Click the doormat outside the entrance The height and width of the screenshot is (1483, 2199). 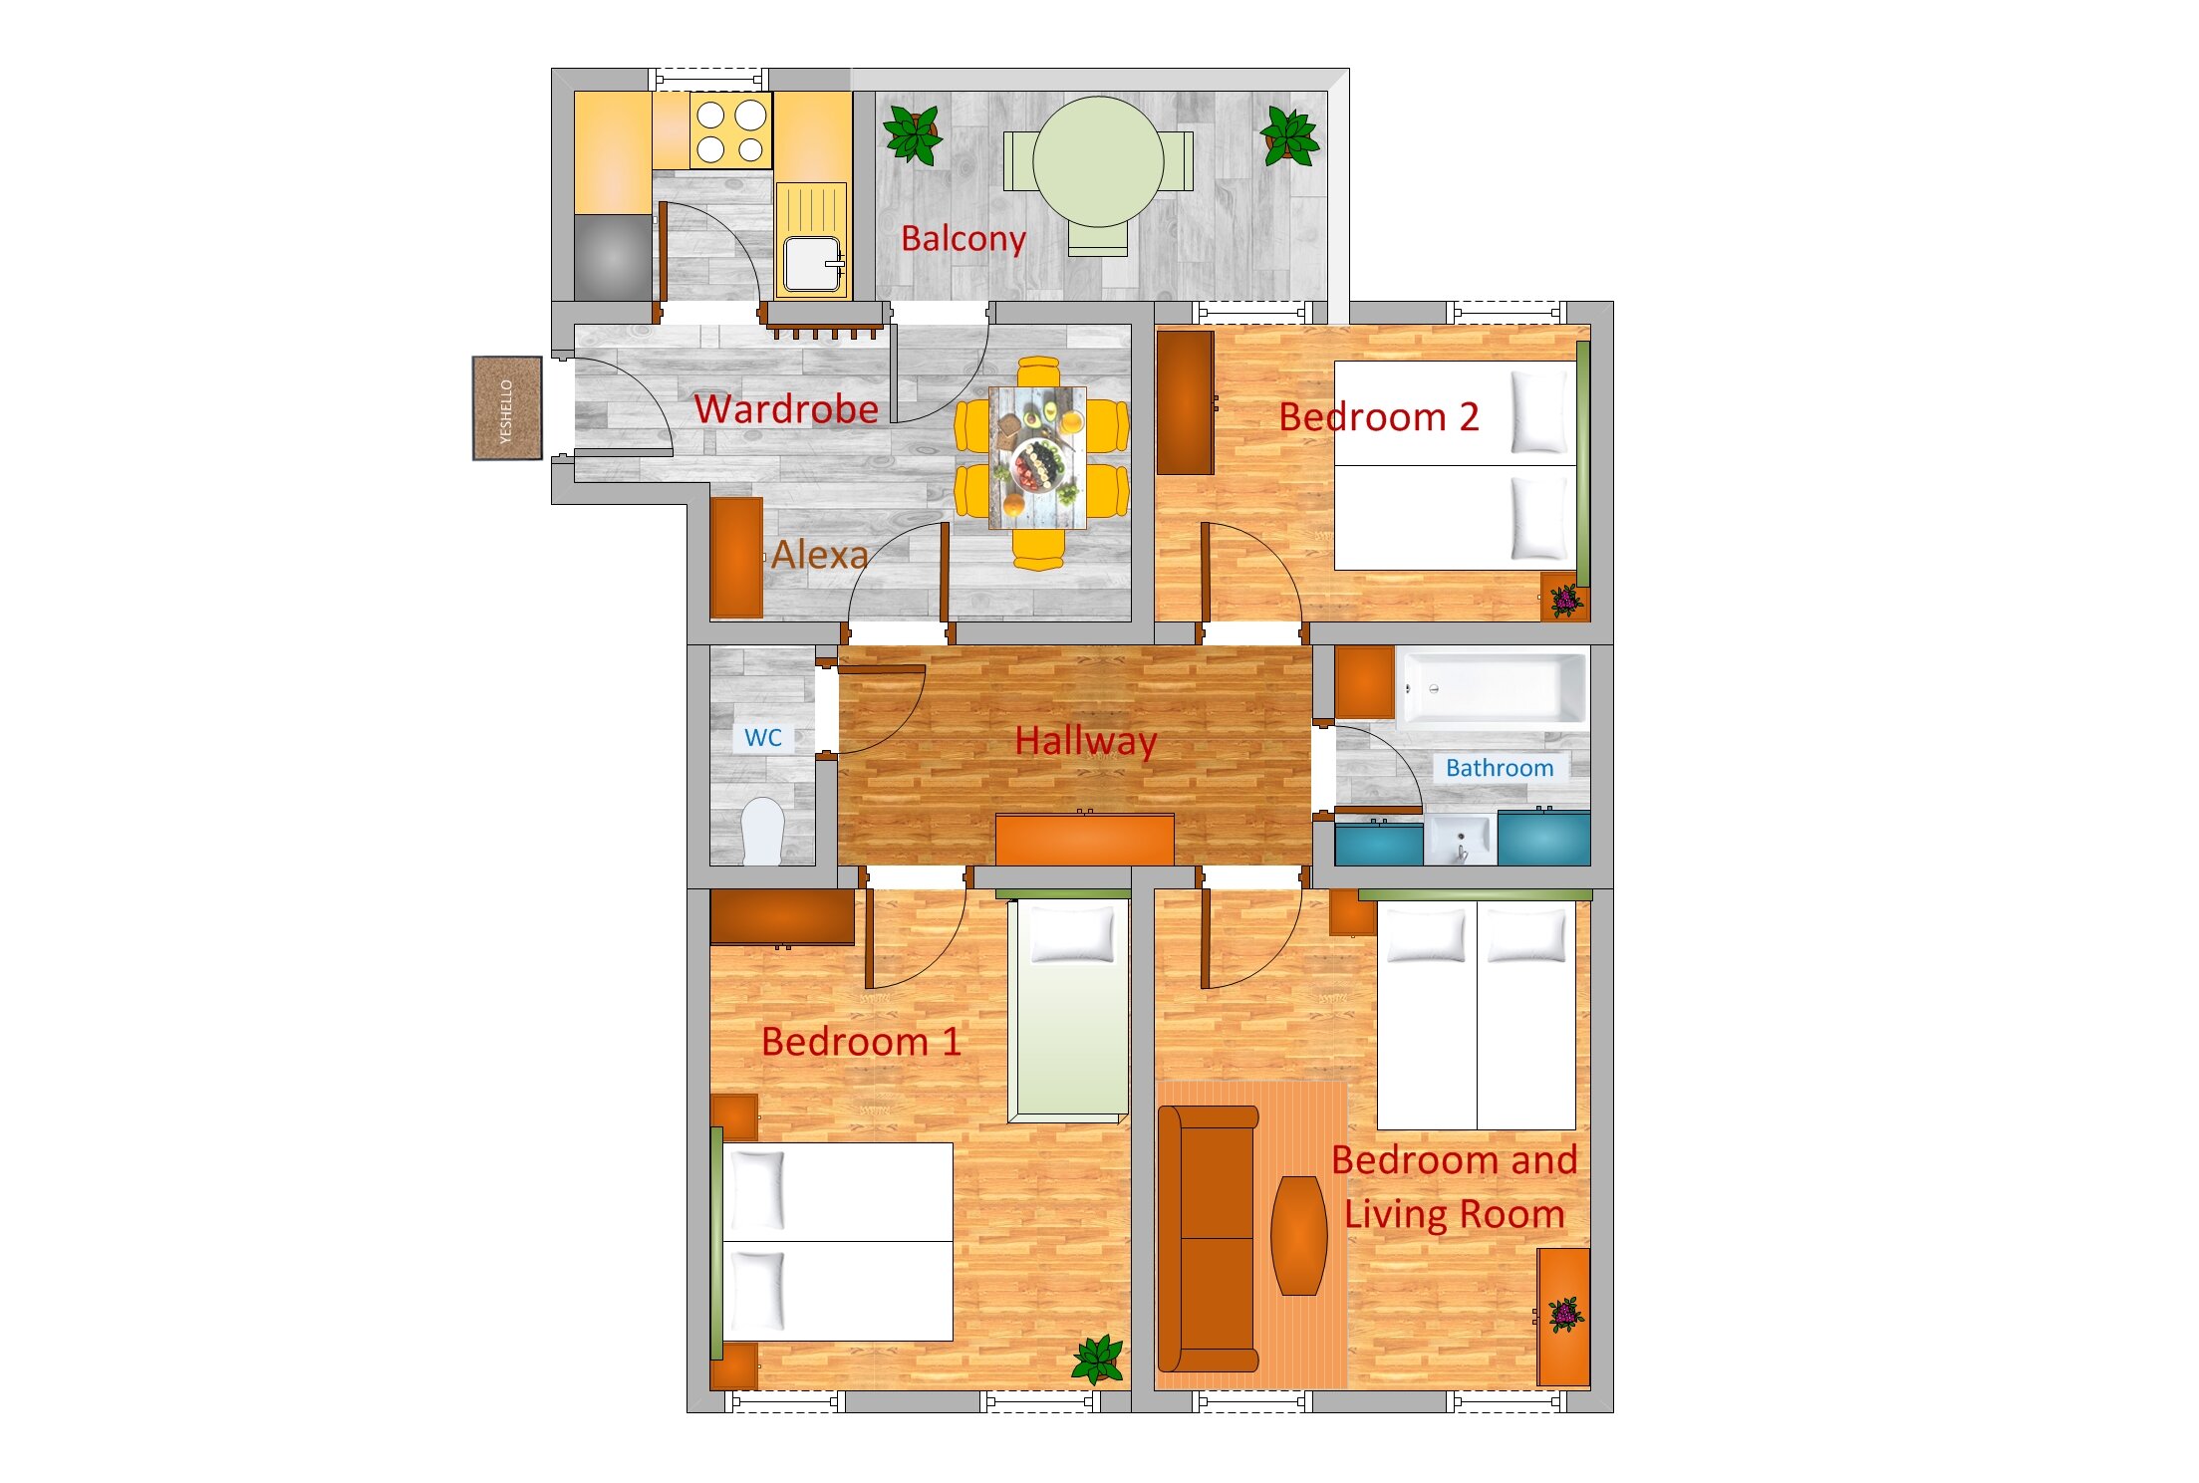pyautogui.click(x=507, y=408)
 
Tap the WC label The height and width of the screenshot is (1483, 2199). pyautogui.click(x=763, y=738)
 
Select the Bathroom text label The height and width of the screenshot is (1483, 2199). pyautogui.click(x=1500, y=768)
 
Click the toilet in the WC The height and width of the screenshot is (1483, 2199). pyautogui.click(x=763, y=831)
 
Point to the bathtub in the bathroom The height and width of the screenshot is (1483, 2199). pyautogui.click(x=1492, y=687)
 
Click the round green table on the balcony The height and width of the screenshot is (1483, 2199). pyautogui.click(x=1098, y=161)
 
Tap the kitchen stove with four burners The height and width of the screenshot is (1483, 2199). pyautogui.click(x=730, y=131)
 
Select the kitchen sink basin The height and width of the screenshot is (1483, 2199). pyautogui.click(x=811, y=264)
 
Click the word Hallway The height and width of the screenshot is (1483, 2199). pyautogui.click(x=1086, y=741)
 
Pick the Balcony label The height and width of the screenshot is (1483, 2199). pyautogui.click(x=963, y=239)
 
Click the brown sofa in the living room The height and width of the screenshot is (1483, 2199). pyautogui.click(x=1208, y=1238)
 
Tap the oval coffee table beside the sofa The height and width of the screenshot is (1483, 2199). pyautogui.click(x=1299, y=1235)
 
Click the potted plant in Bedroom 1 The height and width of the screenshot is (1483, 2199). pyautogui.click(x=1098, y=1359)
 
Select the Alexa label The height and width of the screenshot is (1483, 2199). pyautogui.click(x=820, y=555)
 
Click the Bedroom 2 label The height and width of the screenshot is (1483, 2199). pyautogui.click(x=1379, y=416)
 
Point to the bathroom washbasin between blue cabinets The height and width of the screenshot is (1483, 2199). pyautogui.click(x=1460, y=839)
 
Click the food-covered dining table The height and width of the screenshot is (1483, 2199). pyautogui.click(x=1037, y=458)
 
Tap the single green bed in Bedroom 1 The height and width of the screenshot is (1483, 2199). pyautogui.click(x=1069, y=1010)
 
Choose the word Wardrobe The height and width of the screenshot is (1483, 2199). pyautogui.click(x=786, y=409)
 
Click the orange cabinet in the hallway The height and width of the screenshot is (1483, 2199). pyautogui.click(x=1085, y=839)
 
